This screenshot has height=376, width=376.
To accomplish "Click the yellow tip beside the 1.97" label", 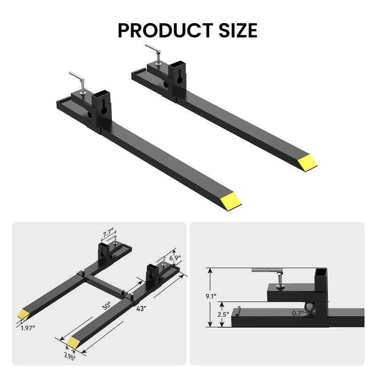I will click(x=23, y=314).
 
